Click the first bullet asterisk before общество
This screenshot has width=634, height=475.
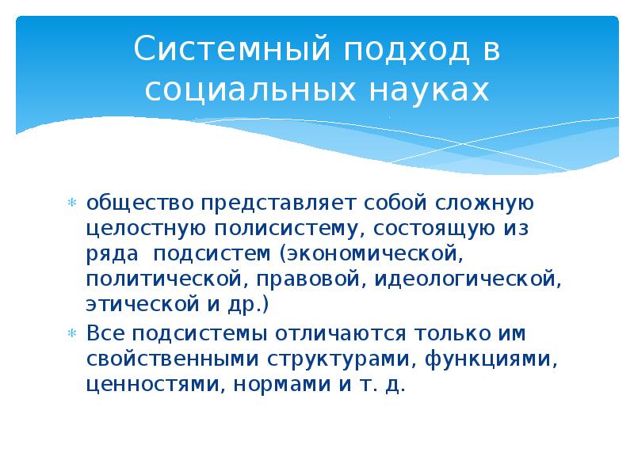pyautogui.click(x=71, y=203)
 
